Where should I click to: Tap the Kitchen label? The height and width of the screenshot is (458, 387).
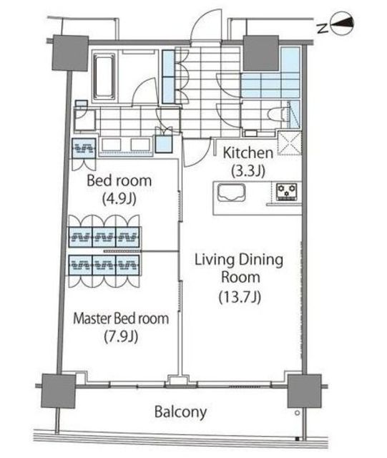coord(248,153)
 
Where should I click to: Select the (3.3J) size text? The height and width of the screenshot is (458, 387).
coord(248,172)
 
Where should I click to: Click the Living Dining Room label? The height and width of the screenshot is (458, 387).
coord(239,269)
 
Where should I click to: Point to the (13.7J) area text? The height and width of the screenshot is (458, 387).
coord(240,298)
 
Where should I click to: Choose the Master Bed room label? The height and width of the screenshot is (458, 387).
coord(121,318)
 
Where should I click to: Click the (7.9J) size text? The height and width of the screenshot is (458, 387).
coord(121,337)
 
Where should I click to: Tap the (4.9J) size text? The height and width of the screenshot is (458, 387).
coord(119,199)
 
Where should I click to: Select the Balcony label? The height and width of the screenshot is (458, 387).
coord(180,412)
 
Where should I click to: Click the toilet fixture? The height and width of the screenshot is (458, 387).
coord(277,114)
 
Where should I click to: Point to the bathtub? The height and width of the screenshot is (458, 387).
coord(104,77)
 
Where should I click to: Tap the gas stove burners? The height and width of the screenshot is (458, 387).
coord(287,191)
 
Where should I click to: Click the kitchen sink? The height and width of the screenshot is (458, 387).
coord(232,193)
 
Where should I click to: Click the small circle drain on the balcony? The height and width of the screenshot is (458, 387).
coord(298,413)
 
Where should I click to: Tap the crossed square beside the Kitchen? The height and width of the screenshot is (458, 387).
coord(290,143)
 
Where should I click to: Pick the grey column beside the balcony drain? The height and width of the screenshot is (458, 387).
coord(304,391)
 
